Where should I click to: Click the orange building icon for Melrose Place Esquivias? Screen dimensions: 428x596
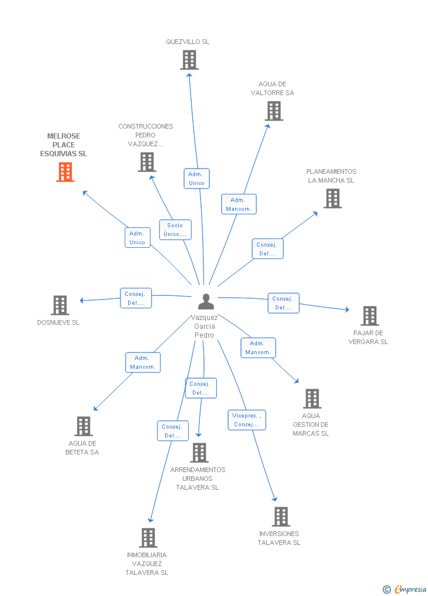pos(65,172)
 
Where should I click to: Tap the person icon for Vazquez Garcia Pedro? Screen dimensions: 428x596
pos(206,301)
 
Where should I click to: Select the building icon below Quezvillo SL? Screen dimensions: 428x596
pos(189,60)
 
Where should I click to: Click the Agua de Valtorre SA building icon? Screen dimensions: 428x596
pos(274,111)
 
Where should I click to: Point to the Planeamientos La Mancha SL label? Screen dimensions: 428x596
pos(331,176)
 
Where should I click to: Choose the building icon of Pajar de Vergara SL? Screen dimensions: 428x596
pos(370,316)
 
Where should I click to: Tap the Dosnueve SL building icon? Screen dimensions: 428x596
pos(60,305)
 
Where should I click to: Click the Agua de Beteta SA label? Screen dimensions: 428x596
pos(82,448)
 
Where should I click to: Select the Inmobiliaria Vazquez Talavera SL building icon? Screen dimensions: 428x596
pos(148,537)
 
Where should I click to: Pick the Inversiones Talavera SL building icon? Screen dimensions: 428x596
pos(281,517)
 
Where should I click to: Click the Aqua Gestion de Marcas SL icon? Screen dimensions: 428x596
pos(312,399)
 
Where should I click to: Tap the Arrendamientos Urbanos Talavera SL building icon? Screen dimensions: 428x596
pos(199,453)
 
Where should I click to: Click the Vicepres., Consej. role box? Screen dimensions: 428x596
pos(247,420)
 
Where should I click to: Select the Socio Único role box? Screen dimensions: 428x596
pos(175,230)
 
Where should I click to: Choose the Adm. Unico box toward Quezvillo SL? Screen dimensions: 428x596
pos(196,179)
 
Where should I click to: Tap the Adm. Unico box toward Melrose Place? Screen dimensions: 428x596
pos(138,238)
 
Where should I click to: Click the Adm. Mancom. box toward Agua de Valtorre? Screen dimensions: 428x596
pos(239,204)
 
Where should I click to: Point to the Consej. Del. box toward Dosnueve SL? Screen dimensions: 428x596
pos(136,298)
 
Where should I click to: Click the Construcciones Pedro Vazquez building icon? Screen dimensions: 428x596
pos(146,162)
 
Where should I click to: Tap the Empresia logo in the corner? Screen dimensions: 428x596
pos(405,589)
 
